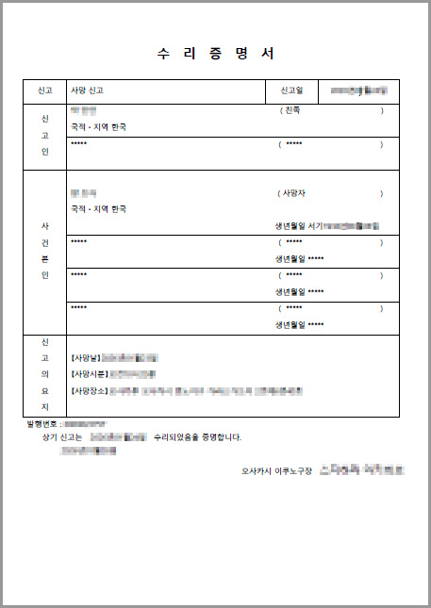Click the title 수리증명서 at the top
point(215,53)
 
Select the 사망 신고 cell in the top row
point(87,90)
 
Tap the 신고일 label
point(292,90)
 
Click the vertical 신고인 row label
point(45,135)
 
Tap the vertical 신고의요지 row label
point(45,374)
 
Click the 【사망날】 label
point(85,358)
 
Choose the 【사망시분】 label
point(89,374)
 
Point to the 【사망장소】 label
point(89,389)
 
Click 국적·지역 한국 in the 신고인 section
point(97,126)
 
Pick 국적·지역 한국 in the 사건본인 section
point(97,208)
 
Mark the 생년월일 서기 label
point(297,226)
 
